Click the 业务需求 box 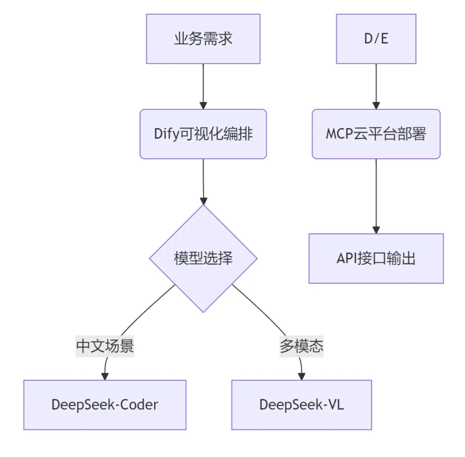(x=203, y=39)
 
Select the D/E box (x=376, y=39)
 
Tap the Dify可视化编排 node (x=203, y=134)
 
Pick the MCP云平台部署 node (x=376, y=134)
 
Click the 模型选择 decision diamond (x=203, y=258)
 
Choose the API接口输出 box (x=376, y=258)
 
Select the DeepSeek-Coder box (x=105, y=405)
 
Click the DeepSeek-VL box (x=301, y=405)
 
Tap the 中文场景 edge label (x=105, y=346)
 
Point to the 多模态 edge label (x=301, y=346)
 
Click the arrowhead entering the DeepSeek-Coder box (x=105, y=376)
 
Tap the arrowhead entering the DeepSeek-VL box (x=302, y=376)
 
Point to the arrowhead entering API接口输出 (x=376, y=230)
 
